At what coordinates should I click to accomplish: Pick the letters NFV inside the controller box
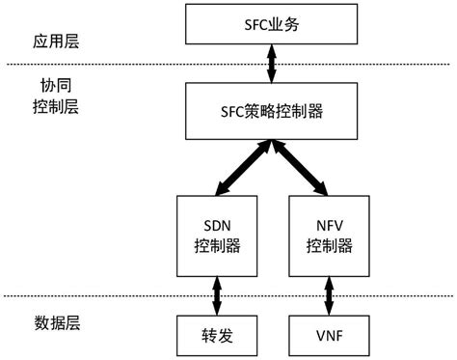click(x=330, y=221)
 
